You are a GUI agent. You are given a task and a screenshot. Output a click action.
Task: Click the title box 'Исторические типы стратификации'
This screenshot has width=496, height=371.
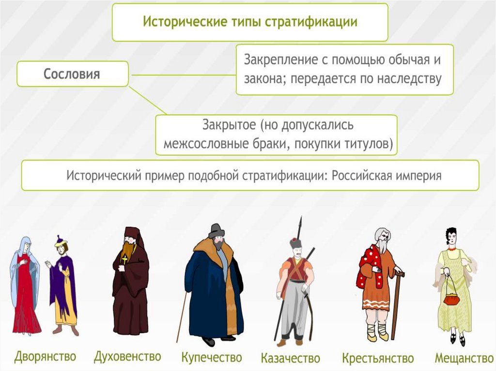point(249,22)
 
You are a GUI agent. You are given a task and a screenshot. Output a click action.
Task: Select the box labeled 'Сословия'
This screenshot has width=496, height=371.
point(72,74)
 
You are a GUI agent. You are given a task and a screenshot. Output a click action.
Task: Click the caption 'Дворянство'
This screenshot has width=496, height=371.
point(45,357)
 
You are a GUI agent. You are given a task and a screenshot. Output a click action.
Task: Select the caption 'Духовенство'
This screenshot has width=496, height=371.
point(127,357)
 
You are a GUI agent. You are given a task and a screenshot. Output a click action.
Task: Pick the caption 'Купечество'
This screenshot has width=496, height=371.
point(211,358)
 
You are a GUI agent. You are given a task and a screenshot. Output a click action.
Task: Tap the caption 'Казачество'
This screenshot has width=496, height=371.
point(291,358)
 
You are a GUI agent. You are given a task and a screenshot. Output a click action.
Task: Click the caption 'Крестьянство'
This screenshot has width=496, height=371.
point(378,358)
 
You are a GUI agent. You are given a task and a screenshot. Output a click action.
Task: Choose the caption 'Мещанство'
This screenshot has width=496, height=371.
point(464,358)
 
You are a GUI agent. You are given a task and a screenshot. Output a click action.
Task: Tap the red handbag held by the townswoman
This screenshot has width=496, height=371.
point(451,299)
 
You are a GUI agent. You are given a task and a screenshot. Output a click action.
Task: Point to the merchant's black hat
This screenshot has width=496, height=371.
point(217,231)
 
